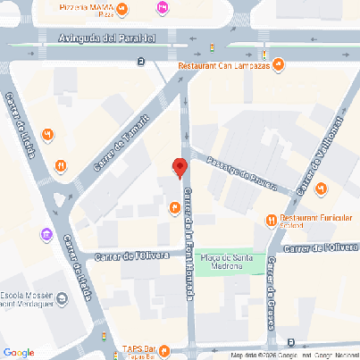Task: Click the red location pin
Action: click(x=179, y=167)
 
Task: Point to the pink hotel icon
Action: click(x=162, y=8)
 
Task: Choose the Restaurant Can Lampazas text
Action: click(x=222, y=64)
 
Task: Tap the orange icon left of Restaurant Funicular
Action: click(x=271, y=220)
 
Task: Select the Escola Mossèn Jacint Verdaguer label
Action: click(x=26, y=299)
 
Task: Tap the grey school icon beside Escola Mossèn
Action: click(x=61, y=298)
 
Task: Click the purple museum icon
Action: click(x=46, y=234)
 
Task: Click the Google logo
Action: click(x=19, y=351)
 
